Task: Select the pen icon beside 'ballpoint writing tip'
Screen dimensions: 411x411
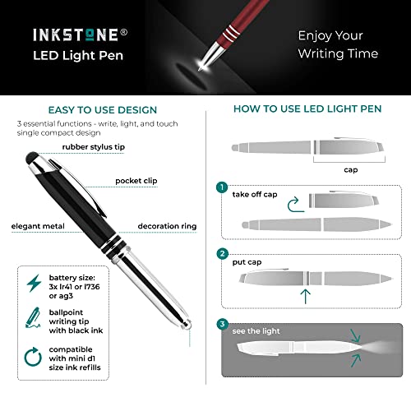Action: pos(33,317)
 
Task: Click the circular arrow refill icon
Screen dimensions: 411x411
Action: pos(33,355)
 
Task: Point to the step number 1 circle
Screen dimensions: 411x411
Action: pos(221,187)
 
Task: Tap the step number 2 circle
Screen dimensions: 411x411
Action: pos(221,254)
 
